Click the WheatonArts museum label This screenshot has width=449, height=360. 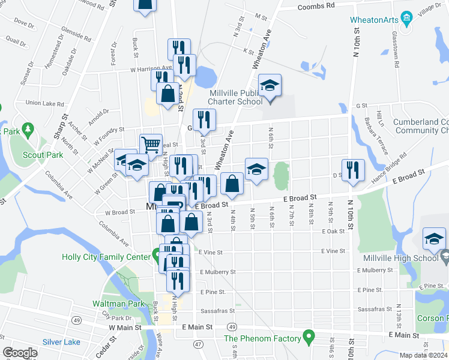pos(375,20)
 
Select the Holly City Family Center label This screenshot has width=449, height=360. pos(106,257)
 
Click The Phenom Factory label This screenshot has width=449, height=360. pos(261,338)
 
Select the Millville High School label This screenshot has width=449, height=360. pos(400,258)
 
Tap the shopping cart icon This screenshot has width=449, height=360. pos(151,145)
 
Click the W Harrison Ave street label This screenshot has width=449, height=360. pos(151,69)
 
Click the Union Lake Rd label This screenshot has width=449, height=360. pos(41,103)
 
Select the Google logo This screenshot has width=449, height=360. pos(20,353)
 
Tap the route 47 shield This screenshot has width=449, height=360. pos(197,344)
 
